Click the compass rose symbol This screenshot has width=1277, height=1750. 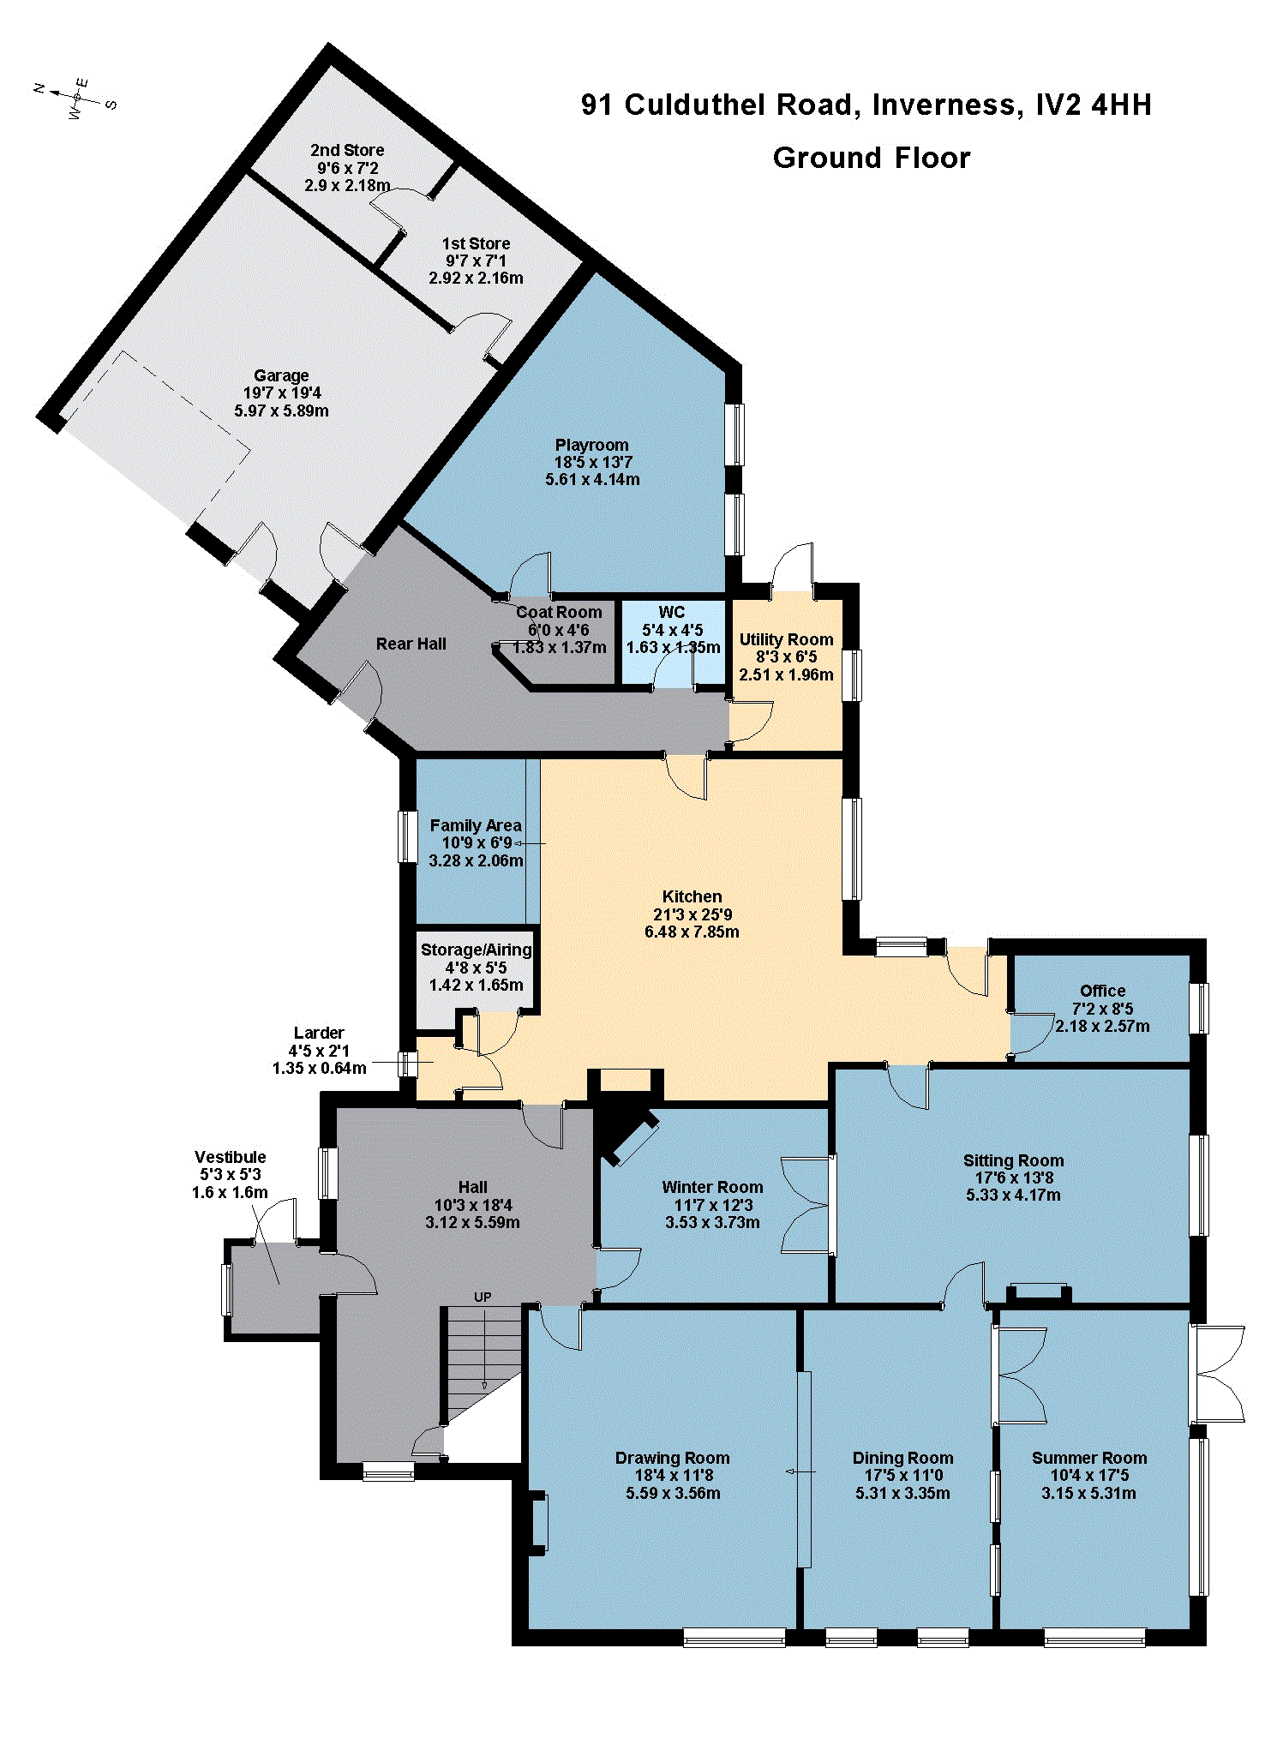point(75,98)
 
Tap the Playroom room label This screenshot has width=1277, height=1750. point(591,445)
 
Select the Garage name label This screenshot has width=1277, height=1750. point(281,375)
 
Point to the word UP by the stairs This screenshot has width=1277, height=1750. point(483,1298)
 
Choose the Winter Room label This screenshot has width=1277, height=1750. point(712,1187)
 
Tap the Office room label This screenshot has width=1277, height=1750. point(1103,991)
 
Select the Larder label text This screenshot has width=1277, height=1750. point(319,1033)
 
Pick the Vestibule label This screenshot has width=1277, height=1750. point(230,1157)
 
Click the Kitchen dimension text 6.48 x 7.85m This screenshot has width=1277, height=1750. point(692,932)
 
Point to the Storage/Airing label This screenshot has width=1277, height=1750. point(476,950)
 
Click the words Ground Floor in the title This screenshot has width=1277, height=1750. point(872,158)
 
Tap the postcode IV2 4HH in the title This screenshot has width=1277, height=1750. point(1094,105)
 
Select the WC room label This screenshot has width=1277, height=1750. point(672,612)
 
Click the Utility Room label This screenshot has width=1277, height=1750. point(786,639)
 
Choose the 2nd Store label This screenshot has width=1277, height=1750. point(347,150)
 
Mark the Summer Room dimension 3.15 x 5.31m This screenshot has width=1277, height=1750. point(1088,1493)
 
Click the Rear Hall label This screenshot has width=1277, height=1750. point(411,644)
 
